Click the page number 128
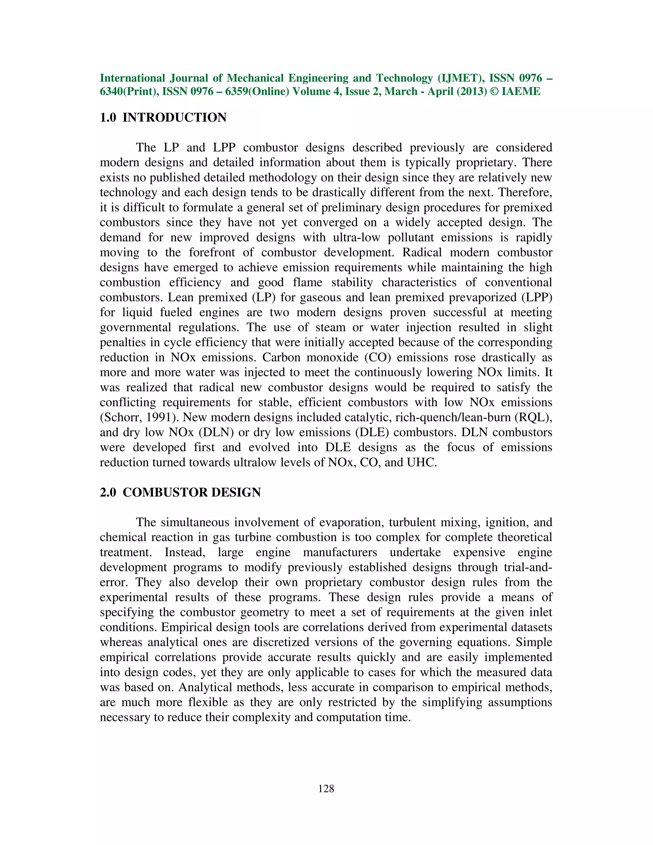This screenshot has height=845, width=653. (x=326, y=789)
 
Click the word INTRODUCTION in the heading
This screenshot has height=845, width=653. (x=174, y=118)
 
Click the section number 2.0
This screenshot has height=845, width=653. (x=108, y=493)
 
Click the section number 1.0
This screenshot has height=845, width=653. (x=108, y=118)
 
